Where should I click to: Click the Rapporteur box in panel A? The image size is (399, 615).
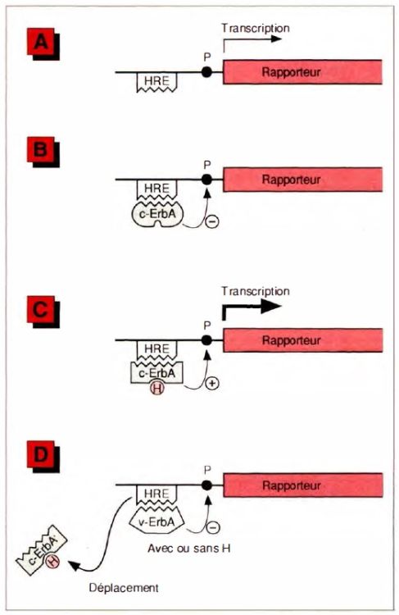(x=302, y=72)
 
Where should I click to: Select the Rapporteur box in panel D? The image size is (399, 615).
(x=302, y=485)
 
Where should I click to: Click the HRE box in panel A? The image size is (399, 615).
(x=156, y=82)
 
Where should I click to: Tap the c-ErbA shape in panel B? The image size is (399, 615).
(x=156, y=214)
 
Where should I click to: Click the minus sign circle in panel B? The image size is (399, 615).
(x=212, y=222)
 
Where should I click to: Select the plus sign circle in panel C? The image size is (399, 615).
(x=212, y=384)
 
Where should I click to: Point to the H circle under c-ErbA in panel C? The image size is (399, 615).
(x=156, y=389)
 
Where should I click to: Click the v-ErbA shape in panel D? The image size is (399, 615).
(x=156, y=521)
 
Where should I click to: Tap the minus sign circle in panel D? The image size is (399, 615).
(x=213, y=527)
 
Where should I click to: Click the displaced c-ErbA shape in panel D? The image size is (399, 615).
(x=43, y=553)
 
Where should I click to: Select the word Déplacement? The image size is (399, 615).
(x=124, y=588)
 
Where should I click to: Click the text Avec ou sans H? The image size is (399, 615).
(x=189, y=549)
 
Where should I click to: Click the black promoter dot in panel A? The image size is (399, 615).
(x=206, y=72)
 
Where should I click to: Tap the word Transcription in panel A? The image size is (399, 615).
(x=255, y=28)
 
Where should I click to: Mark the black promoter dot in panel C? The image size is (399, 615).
(x=206, y=340)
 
